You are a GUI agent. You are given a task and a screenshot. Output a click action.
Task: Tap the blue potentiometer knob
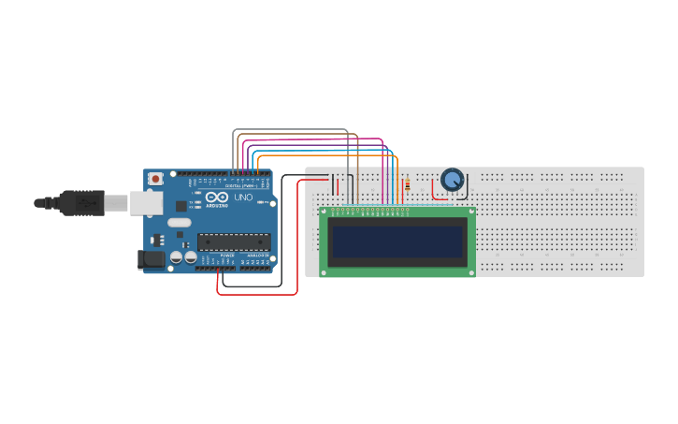tap(453, 179)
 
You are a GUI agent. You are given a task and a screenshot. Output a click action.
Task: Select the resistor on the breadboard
tap(407, 186)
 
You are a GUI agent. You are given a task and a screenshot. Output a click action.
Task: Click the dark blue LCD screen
tap(397, 241)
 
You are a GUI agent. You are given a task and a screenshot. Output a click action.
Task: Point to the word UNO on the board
tap(242, 198)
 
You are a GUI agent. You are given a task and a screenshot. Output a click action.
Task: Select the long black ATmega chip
tap(233, 241)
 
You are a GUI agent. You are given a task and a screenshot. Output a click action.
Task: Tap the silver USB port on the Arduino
tap(144, 202)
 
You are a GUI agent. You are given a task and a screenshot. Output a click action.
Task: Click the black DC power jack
tap(150, 260)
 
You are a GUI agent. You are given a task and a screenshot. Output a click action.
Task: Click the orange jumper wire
tap(327, 154)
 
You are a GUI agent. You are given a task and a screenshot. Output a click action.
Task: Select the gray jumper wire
tap(290, 130)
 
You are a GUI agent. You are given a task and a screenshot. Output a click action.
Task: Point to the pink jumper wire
tap(309, 140)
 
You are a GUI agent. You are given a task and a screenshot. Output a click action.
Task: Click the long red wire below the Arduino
tap(257, 294)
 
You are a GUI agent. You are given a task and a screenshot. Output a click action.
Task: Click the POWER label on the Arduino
tap(226, 255)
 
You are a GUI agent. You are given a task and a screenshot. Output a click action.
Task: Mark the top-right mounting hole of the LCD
tap(470, 212)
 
